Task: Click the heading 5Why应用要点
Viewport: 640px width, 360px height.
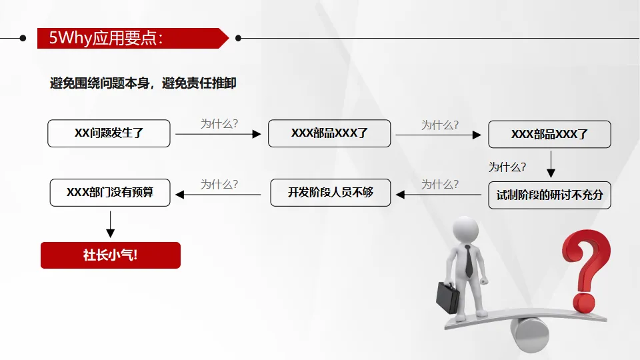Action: click(107, 38)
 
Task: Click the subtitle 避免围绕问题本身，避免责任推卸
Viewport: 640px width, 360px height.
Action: click(143, 83)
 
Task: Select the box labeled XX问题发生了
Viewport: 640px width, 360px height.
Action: click(109, 133)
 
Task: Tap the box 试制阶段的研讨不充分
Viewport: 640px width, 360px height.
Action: click(549, 195)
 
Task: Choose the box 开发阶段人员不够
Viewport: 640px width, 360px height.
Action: click(331, 193)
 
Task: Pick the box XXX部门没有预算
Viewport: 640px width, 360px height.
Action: click(110, 192)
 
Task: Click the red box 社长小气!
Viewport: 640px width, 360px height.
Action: click(111, 255)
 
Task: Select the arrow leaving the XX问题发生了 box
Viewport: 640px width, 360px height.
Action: click(218, 134)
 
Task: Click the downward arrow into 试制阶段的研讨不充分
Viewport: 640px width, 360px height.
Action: click(551, 164)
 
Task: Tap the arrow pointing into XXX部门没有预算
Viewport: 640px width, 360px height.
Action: click(218, 195)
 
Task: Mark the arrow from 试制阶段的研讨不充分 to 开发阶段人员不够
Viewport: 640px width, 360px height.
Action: click(439, 195)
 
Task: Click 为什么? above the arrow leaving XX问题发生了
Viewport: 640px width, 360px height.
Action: click(219, 123)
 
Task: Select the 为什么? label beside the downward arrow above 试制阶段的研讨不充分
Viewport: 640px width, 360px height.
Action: click(507, 167)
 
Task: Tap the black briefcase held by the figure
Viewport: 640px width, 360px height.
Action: click(447, 297)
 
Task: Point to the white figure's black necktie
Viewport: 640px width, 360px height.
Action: click(469, 261)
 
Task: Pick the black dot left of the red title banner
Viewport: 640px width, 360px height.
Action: click(23, 38)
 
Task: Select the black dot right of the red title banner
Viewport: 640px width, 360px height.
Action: click(238, 38)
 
